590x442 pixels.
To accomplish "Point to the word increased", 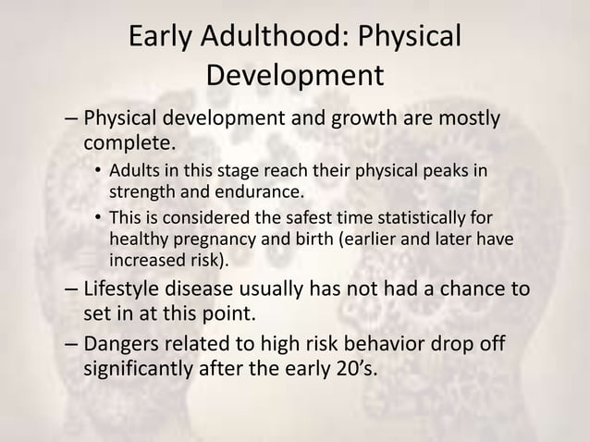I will [143, 260].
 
